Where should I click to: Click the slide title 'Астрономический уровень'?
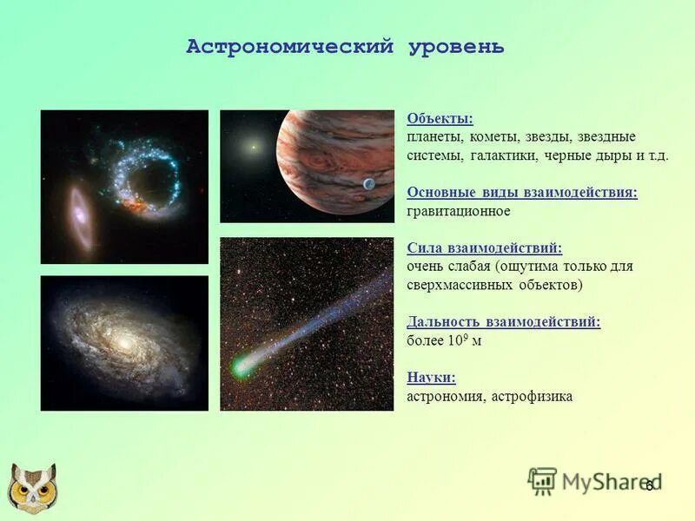click(345, 47)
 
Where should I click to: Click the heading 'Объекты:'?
click(440, 119)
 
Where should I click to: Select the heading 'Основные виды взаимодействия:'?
click(521, 193)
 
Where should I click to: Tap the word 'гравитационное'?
click(458, 211)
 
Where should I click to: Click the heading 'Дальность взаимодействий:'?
click(503, 322)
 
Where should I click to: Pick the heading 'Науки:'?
click(431, 378)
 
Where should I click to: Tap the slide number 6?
click(648, 485)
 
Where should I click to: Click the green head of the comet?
click(241, 368)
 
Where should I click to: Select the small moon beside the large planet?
click(368, 184)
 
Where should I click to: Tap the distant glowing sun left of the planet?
click(253, 147)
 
